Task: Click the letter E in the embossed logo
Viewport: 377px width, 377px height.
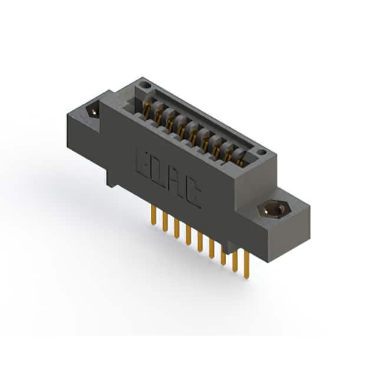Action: pyautogui.click(x=144, y=165)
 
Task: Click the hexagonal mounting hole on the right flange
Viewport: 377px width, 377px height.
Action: pyautogui.click(x=275, y=210)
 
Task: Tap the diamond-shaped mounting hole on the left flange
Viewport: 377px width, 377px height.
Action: pyautogui.click(x=93, y=111)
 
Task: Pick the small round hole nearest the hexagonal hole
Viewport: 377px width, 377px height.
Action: pyautogui.click(x=262, y=152)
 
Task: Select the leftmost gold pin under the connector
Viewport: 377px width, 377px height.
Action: pyautogui.click(x=153, y=214)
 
